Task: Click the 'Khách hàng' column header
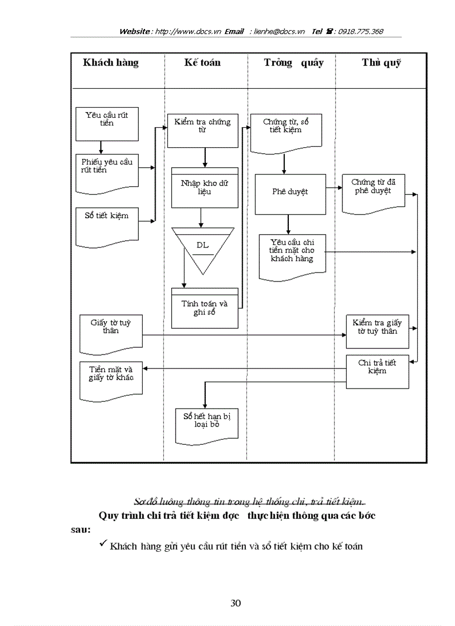pos(111,62)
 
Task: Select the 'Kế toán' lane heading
pos(202,62)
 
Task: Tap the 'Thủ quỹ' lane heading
pos(381,62)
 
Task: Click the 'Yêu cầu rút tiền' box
pos(107,123)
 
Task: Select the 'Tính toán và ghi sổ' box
pos(205,308)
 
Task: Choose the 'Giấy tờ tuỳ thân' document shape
pos(111,333)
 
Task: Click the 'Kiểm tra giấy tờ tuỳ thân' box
pos(377,331)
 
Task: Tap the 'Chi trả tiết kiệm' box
pos(377,371)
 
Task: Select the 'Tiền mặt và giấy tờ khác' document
pos(111,379)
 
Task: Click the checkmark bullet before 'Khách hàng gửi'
pos(103,545)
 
